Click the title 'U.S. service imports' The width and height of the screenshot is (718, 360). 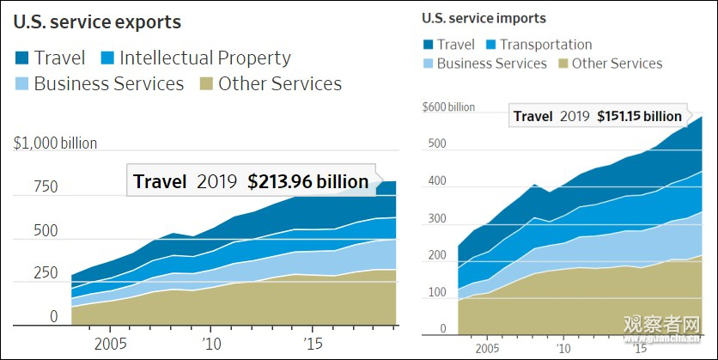(x=484, y=18)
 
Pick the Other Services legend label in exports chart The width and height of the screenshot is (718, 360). (x=280, y=84)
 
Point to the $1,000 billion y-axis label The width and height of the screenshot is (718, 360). (x=56, y=143)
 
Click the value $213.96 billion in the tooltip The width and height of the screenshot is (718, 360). (x=308, y=182)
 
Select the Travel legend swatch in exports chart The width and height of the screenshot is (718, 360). (x=22, y=58)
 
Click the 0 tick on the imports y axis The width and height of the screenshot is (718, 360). (x=443, y=329)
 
